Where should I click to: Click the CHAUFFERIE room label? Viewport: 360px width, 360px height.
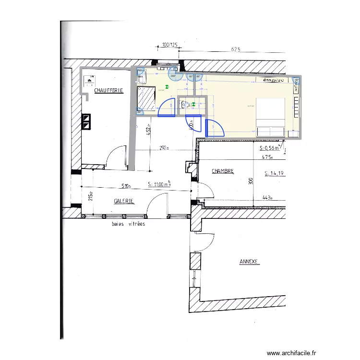tap(108, 90)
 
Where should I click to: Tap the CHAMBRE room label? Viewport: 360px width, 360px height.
tap(223, 171)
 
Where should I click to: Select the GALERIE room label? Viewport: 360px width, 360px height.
tap(123, 202)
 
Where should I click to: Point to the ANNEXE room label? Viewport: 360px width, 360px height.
tap(249, 262)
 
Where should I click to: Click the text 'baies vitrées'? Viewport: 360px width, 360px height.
tap(128, 224)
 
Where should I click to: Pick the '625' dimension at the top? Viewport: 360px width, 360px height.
tap(235, 49)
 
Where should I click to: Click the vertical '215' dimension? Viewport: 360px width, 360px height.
tap(90, 197)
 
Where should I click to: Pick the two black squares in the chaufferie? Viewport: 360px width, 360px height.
tap(86, 121)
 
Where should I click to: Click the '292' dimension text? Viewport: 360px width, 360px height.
tap(165, 148)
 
